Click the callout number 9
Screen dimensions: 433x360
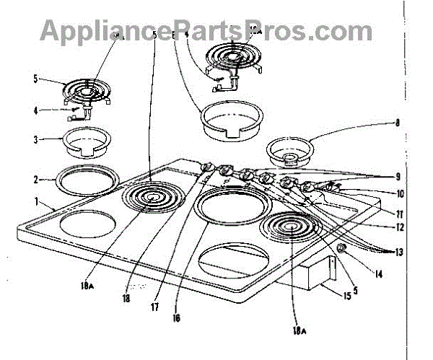[398, 176]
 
